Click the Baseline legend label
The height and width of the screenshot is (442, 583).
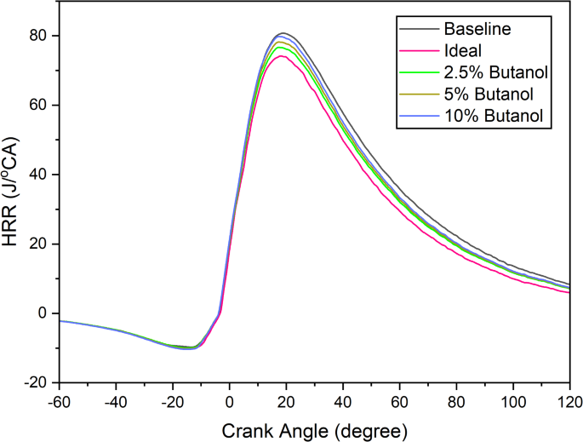(x=481, y=30)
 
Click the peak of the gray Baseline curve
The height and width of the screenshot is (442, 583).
(x=283, y=33)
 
